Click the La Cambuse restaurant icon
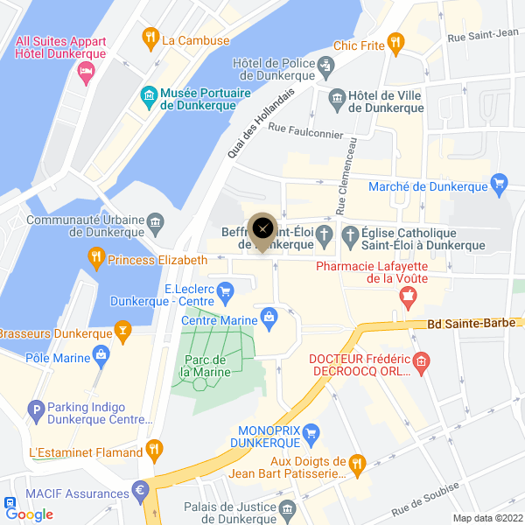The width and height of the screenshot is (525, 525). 150,38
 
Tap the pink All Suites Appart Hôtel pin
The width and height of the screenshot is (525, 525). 85,75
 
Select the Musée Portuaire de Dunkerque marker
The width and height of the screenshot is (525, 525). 149,94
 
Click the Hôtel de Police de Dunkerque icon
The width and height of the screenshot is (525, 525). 326,65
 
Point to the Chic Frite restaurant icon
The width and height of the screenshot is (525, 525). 395,40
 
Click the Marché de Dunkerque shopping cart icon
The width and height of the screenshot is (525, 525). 500,182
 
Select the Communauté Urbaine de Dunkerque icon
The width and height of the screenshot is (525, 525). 155,221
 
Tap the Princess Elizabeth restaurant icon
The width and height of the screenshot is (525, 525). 96,259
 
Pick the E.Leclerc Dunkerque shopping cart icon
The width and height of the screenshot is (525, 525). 226,290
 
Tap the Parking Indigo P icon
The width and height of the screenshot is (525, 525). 36,409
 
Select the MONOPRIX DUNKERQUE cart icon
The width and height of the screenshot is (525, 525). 315,430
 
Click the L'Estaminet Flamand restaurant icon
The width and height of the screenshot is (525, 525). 155,450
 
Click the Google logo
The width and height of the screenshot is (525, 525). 30,514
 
